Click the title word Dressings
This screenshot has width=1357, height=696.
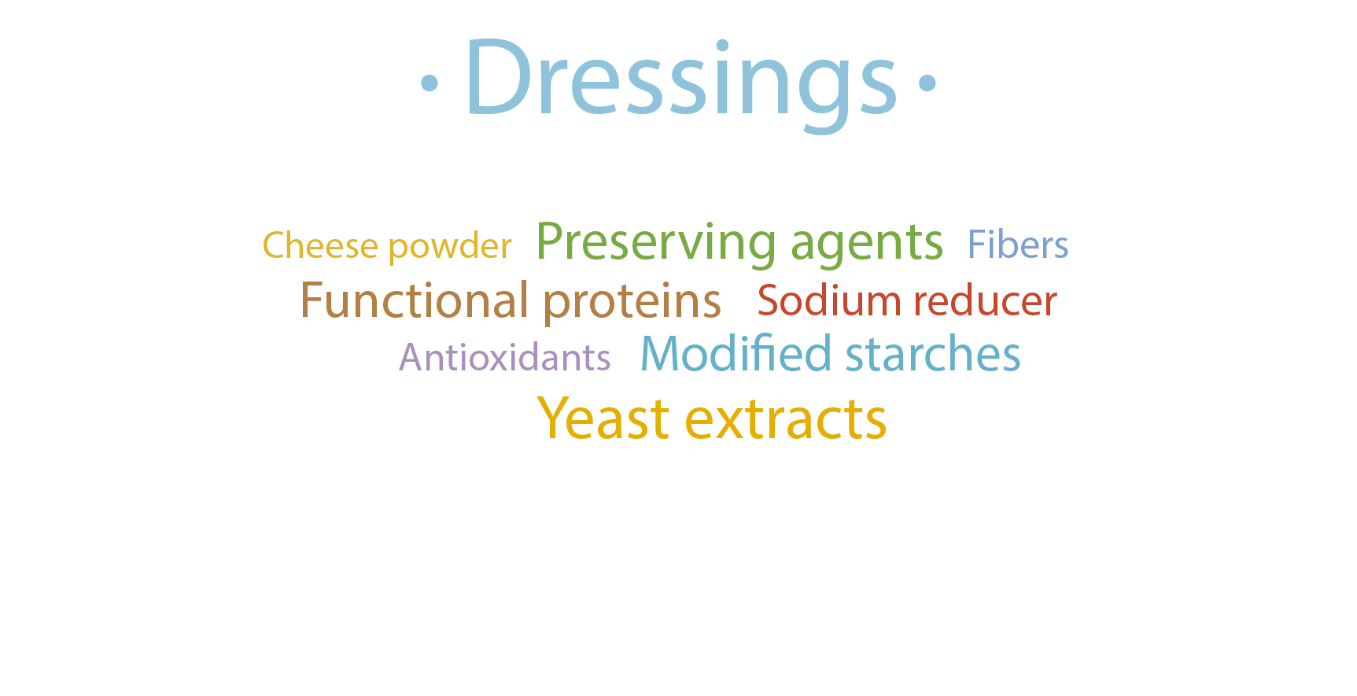(681, 81)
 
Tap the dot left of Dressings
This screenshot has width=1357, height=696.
(429, 83)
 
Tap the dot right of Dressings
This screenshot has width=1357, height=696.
(927, 83)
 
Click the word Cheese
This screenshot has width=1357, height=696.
(320, 245)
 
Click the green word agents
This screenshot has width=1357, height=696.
(867, 245)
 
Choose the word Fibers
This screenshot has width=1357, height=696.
(1018, 245)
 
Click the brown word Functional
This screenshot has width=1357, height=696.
(415, 300)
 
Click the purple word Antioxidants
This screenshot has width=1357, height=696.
(505, 357)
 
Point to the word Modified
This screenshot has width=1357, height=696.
(736, 354)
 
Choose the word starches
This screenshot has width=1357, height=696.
(933, 355)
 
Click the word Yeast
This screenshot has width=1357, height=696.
(603, 418)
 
